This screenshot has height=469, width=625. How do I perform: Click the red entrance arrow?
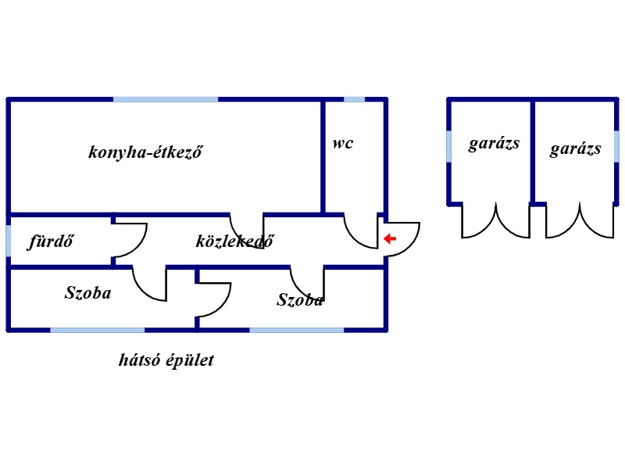coord(389,239)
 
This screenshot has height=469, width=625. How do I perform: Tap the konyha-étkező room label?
coord(145,152)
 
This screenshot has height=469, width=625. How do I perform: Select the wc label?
coord(343,143)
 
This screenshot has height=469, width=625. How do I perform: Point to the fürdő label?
coord(51,242)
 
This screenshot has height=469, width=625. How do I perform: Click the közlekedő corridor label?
coord(235,241)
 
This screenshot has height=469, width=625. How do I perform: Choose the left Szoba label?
coord(87,292)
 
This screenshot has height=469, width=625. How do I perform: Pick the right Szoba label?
coord(300,299)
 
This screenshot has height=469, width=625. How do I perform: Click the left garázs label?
coord(494,144)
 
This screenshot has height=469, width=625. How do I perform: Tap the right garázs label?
coord(575,149)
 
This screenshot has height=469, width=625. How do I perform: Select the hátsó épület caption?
coord(166,360)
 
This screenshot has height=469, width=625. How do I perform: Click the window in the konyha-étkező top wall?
coord(166,99)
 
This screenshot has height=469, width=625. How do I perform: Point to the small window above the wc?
coord(355,99)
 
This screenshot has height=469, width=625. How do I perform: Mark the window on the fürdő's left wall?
coord(9,241)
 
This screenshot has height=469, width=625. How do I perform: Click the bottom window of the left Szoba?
coord(97,330)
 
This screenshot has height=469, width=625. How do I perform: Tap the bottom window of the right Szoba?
coord(297,330)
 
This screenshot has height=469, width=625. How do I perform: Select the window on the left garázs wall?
coord(449,146)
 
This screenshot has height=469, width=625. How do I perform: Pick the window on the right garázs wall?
coord(616,146)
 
